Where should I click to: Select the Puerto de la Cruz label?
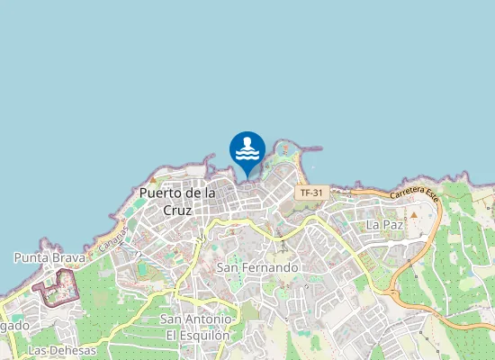pyautogui.click(x=177, y=201)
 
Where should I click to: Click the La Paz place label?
pyautogui.click(x=384, y=223)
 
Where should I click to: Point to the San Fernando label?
pyautogui.click(x=257, y=267)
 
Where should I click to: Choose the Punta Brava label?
pyautogui.click(x=49, y=257)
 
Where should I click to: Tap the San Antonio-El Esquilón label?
pyautogui.click(x=197, y=327)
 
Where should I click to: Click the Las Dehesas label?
pyautogui.click(x=62, y=349)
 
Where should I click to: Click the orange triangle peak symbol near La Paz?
pyautogui.click(x=415, y=215)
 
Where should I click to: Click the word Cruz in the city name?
pyautogui.click(x=178, y=210)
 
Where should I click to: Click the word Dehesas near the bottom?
pyautogui.click(x=74, y=349)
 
